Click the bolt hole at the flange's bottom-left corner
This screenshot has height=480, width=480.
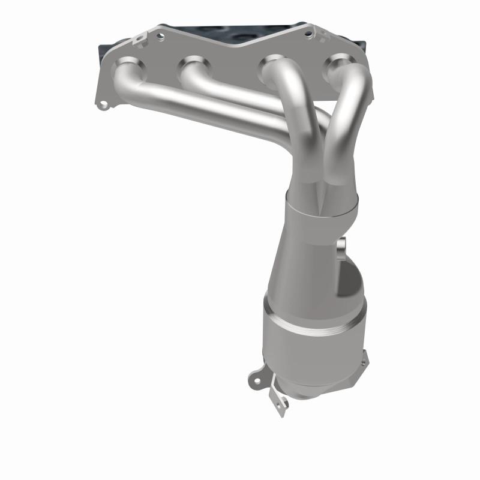(x=105, y=107)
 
